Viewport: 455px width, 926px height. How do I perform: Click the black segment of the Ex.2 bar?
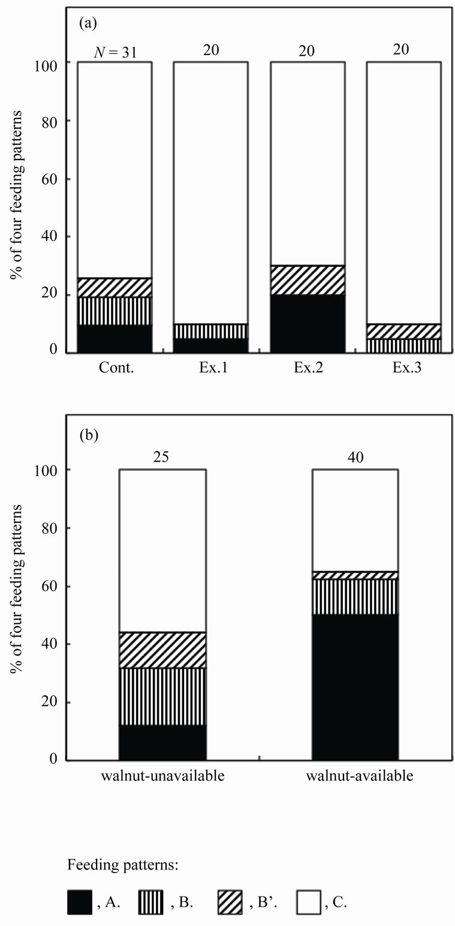[308, 323]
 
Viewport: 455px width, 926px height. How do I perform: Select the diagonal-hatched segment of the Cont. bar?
[114, 287]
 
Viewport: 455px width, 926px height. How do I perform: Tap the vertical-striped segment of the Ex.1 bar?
[210, 332]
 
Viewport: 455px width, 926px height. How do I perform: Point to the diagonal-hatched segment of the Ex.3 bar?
[403, 332]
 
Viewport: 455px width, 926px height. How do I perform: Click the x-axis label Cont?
[114, 369]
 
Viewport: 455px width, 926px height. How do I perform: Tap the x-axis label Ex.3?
[403, 369]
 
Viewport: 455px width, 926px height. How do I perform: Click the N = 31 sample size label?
[116, 53]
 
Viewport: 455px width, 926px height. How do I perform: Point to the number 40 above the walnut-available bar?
[355, 458]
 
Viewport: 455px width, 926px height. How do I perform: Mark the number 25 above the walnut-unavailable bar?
[162, 458]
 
